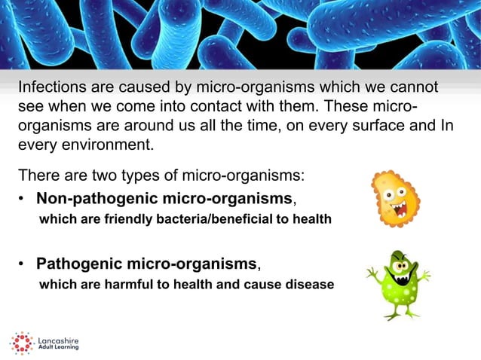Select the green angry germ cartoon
click(397, 280)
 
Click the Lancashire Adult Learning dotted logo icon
click(21, 343)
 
